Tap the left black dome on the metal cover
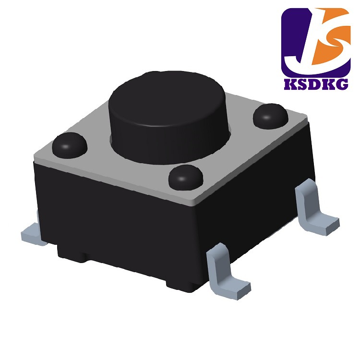70,145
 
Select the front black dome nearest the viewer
186,178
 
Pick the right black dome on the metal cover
270,117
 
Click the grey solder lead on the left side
33,234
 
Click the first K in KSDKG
291,84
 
